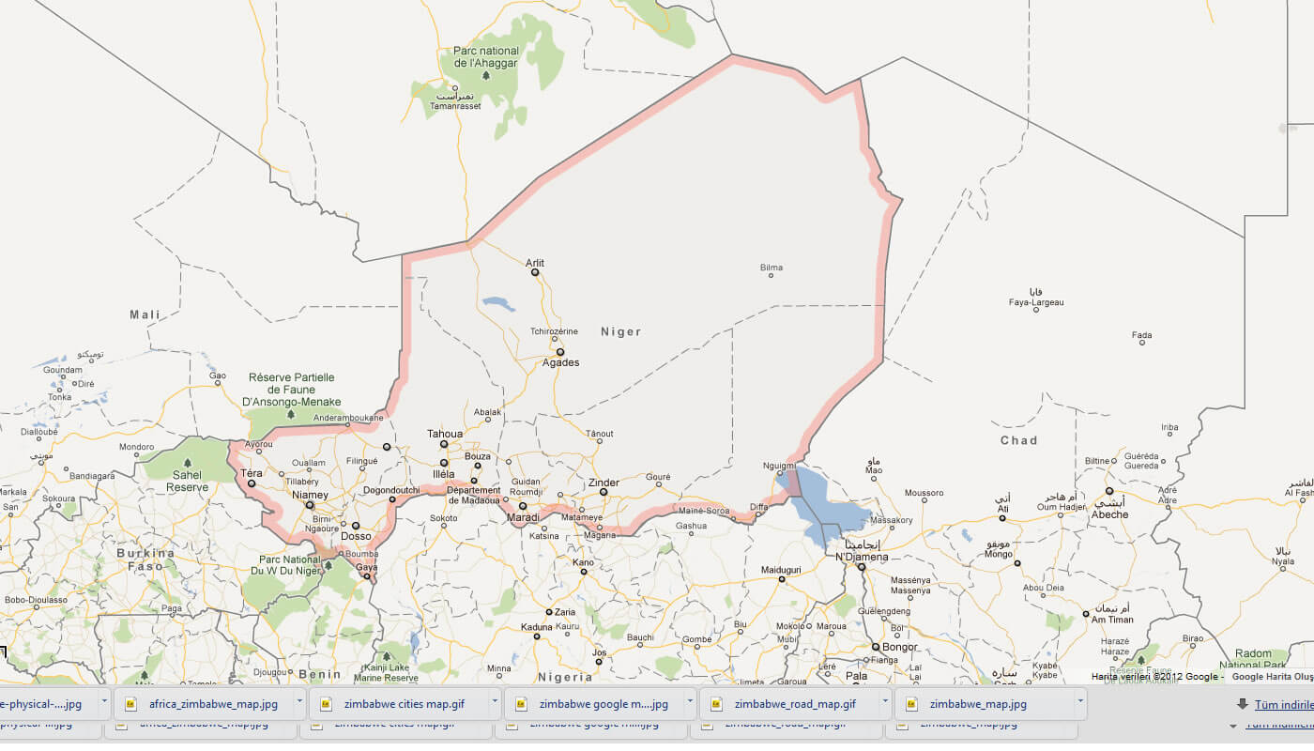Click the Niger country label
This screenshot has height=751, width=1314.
pos(620,331)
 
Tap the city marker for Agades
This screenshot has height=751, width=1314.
pos(560,352)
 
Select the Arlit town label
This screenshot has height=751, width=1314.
pos(535,263)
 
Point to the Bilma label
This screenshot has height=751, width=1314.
pos(771,268)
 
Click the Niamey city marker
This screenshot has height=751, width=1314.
pos(310,505)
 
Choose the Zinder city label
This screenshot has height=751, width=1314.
pos(604,483)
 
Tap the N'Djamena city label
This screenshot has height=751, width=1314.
pos(862,557)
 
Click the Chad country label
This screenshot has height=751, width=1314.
pos(1018,440)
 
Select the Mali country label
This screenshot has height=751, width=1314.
pos(145,314)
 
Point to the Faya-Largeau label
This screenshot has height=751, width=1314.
pos(1036,302)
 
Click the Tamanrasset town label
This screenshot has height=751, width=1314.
pos(454,106)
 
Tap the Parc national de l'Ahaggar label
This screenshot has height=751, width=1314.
pos(485,57)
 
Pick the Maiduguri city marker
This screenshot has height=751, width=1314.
pos(781,579)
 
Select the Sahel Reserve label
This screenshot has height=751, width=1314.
pos(187,482)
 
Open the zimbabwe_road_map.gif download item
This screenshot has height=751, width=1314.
pos(794,703)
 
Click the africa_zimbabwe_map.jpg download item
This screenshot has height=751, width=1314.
pos(213,703)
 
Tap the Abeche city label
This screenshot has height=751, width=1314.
pos(1108,514)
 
